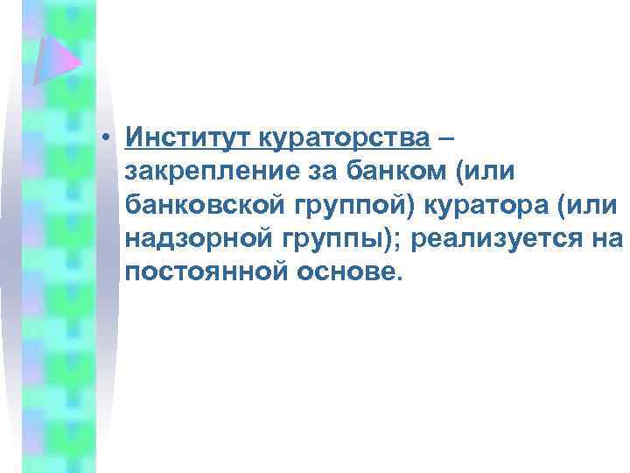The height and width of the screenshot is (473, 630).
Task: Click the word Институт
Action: tap(188, 138)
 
